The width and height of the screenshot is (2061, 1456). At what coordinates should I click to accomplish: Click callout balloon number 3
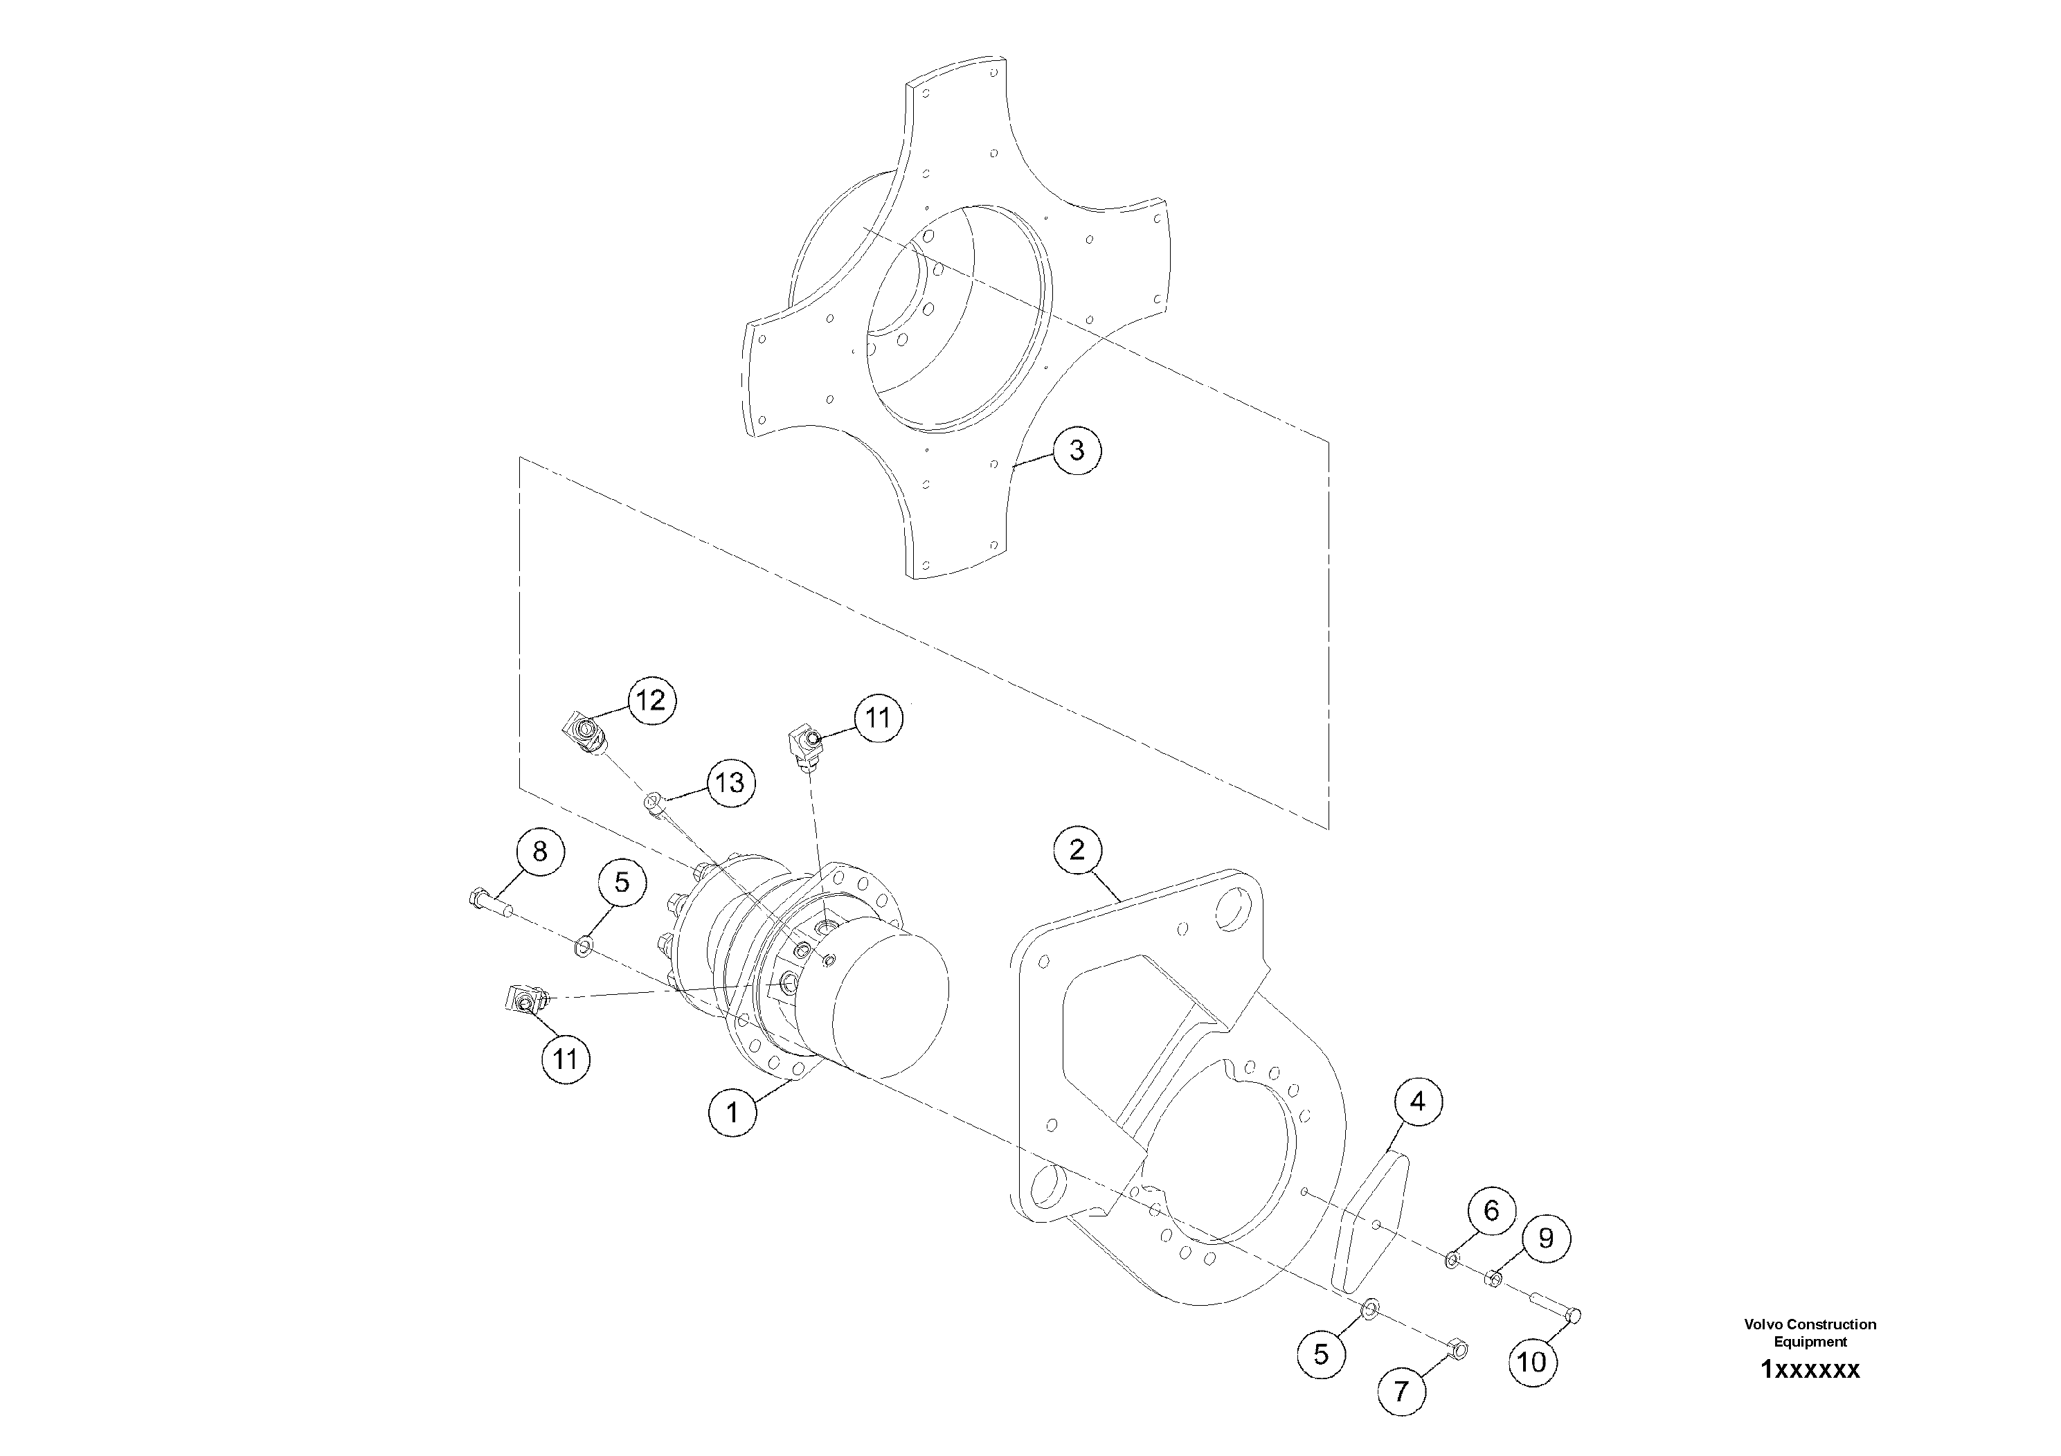tap(1077, 450)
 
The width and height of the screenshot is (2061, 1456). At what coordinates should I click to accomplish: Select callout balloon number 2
tap(1077, 850)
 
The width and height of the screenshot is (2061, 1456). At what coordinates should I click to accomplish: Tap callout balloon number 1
tap(732, 1113)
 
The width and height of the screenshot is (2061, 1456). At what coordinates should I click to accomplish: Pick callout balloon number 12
tap(651, 700)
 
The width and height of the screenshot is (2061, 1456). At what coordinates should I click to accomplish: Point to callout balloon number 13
tap(730, 783)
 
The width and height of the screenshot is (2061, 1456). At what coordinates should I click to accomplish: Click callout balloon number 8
tap(539, 851)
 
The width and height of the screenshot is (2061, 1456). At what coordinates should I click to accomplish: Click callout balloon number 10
tap(1532, 1363)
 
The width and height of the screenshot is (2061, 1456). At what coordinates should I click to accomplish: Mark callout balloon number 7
tap(1401, 1392)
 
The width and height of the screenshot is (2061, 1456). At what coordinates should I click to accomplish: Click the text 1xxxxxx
tap(1810, 1370)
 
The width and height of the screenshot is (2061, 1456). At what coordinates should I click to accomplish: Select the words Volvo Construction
tap(1810, 1324)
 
